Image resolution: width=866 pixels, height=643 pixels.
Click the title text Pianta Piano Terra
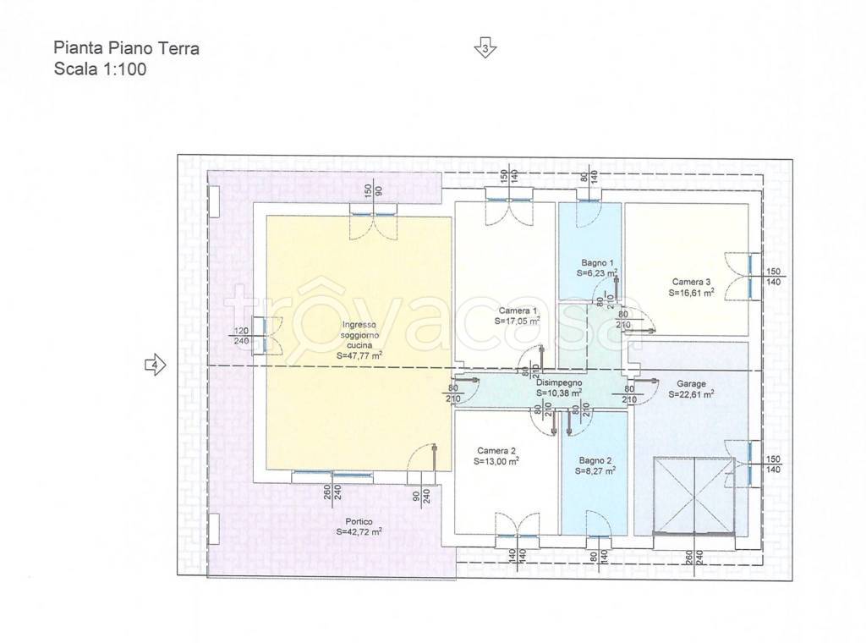[127, 48]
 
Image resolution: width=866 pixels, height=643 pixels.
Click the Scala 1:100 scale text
[100, 69]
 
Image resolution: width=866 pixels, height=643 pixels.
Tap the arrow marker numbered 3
[485, 48]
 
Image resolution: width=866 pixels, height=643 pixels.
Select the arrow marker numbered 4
[156, 365]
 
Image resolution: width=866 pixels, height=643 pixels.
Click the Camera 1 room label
[517, 311]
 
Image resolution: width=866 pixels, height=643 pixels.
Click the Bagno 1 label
[597, 263]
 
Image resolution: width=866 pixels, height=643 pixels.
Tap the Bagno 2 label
[595, 460]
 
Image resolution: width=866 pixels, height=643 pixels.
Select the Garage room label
[692, 383]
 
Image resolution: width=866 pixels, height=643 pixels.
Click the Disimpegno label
[559, 382]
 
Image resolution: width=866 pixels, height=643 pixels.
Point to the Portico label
[359, 521]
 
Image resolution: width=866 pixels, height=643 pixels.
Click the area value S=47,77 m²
[359, 355]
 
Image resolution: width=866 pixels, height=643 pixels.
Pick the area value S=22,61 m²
[692, 394]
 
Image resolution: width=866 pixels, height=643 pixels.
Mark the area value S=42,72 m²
[359, 532]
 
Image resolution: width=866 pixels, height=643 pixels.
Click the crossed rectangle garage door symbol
[693, 496]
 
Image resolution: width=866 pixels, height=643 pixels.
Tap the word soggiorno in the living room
[359, 335]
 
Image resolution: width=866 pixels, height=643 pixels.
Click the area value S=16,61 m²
[692, 293]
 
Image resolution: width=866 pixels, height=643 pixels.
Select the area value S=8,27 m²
[595, 471]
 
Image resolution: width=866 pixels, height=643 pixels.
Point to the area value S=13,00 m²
[496, 462]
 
